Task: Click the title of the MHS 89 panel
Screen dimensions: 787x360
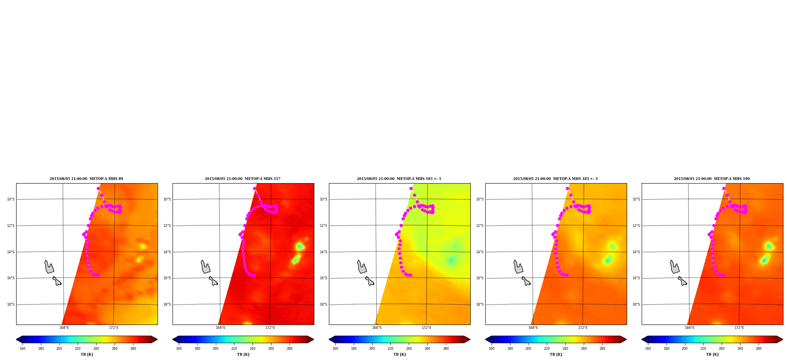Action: (x=86, y=179)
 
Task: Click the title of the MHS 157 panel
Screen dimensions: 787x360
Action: (x=243, y=179)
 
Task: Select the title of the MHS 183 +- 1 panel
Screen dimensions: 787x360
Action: (x=399, y=179)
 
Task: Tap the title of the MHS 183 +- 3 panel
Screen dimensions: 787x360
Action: (x=555, y=179)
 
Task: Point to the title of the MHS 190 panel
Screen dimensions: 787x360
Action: (x=712, y=179)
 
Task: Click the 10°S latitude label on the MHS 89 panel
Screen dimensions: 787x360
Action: (x=11, y=199)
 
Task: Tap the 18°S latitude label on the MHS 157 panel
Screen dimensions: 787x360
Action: (x=167, y=304)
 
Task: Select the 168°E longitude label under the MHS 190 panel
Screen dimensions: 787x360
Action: (x=690, y=328)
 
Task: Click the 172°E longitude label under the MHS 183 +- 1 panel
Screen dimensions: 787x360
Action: (x=427, y=328)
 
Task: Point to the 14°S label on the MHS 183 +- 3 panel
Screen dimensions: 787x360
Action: (x=480, y=252)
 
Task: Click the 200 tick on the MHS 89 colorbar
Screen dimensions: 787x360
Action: (x=59, y=348)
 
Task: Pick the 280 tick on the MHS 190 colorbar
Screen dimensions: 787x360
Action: (x=759, y=348)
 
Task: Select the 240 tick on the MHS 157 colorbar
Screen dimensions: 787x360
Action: (x=252, y=348)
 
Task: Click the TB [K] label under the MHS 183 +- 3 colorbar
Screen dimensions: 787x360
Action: (x=556, y=354)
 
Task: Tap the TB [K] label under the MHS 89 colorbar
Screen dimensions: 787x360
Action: (x=87, y=354)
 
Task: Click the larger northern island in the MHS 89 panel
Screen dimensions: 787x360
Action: (x=49, y=267)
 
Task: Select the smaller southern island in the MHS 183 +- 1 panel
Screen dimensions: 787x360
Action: (x=370, y=281)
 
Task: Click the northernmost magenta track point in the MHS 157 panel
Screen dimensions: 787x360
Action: (x=254, y=188)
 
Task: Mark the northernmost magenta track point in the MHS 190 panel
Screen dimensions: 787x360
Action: (x=724, y=188)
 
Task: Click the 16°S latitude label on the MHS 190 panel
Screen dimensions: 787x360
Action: (x=636, y=278)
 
